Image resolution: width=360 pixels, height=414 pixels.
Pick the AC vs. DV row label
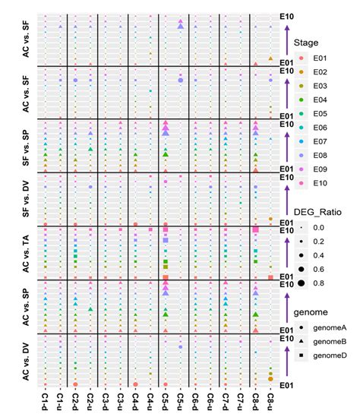pos(26,360)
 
